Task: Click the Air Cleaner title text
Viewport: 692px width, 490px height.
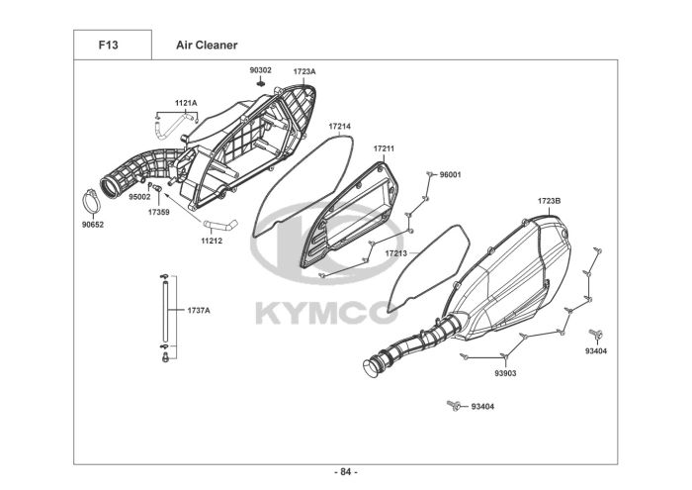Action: (207, 45)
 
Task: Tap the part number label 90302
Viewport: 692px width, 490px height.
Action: (260, 70)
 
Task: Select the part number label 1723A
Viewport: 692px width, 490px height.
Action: (304, 71)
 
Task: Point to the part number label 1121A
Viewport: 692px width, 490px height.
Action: (186, 103)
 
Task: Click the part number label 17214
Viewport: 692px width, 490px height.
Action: (340, 127)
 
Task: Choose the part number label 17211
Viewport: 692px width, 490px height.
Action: (384, 148)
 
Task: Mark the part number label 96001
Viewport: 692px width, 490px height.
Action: (451, 174)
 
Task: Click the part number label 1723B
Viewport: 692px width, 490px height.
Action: (549, 201)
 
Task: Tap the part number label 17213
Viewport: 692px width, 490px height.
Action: (395, 253)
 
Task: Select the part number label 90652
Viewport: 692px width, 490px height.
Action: (93, 224)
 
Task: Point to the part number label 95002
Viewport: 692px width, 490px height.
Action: (138, 197)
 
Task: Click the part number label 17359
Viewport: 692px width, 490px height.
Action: (159, 212)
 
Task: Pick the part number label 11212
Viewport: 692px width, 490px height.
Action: (212, 240)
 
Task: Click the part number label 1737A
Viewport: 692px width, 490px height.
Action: (199, 310)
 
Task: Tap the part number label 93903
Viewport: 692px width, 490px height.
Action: (506, 372)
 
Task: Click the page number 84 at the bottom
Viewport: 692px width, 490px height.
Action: (346, 471)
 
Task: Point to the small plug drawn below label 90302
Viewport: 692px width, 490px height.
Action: (260, 83)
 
